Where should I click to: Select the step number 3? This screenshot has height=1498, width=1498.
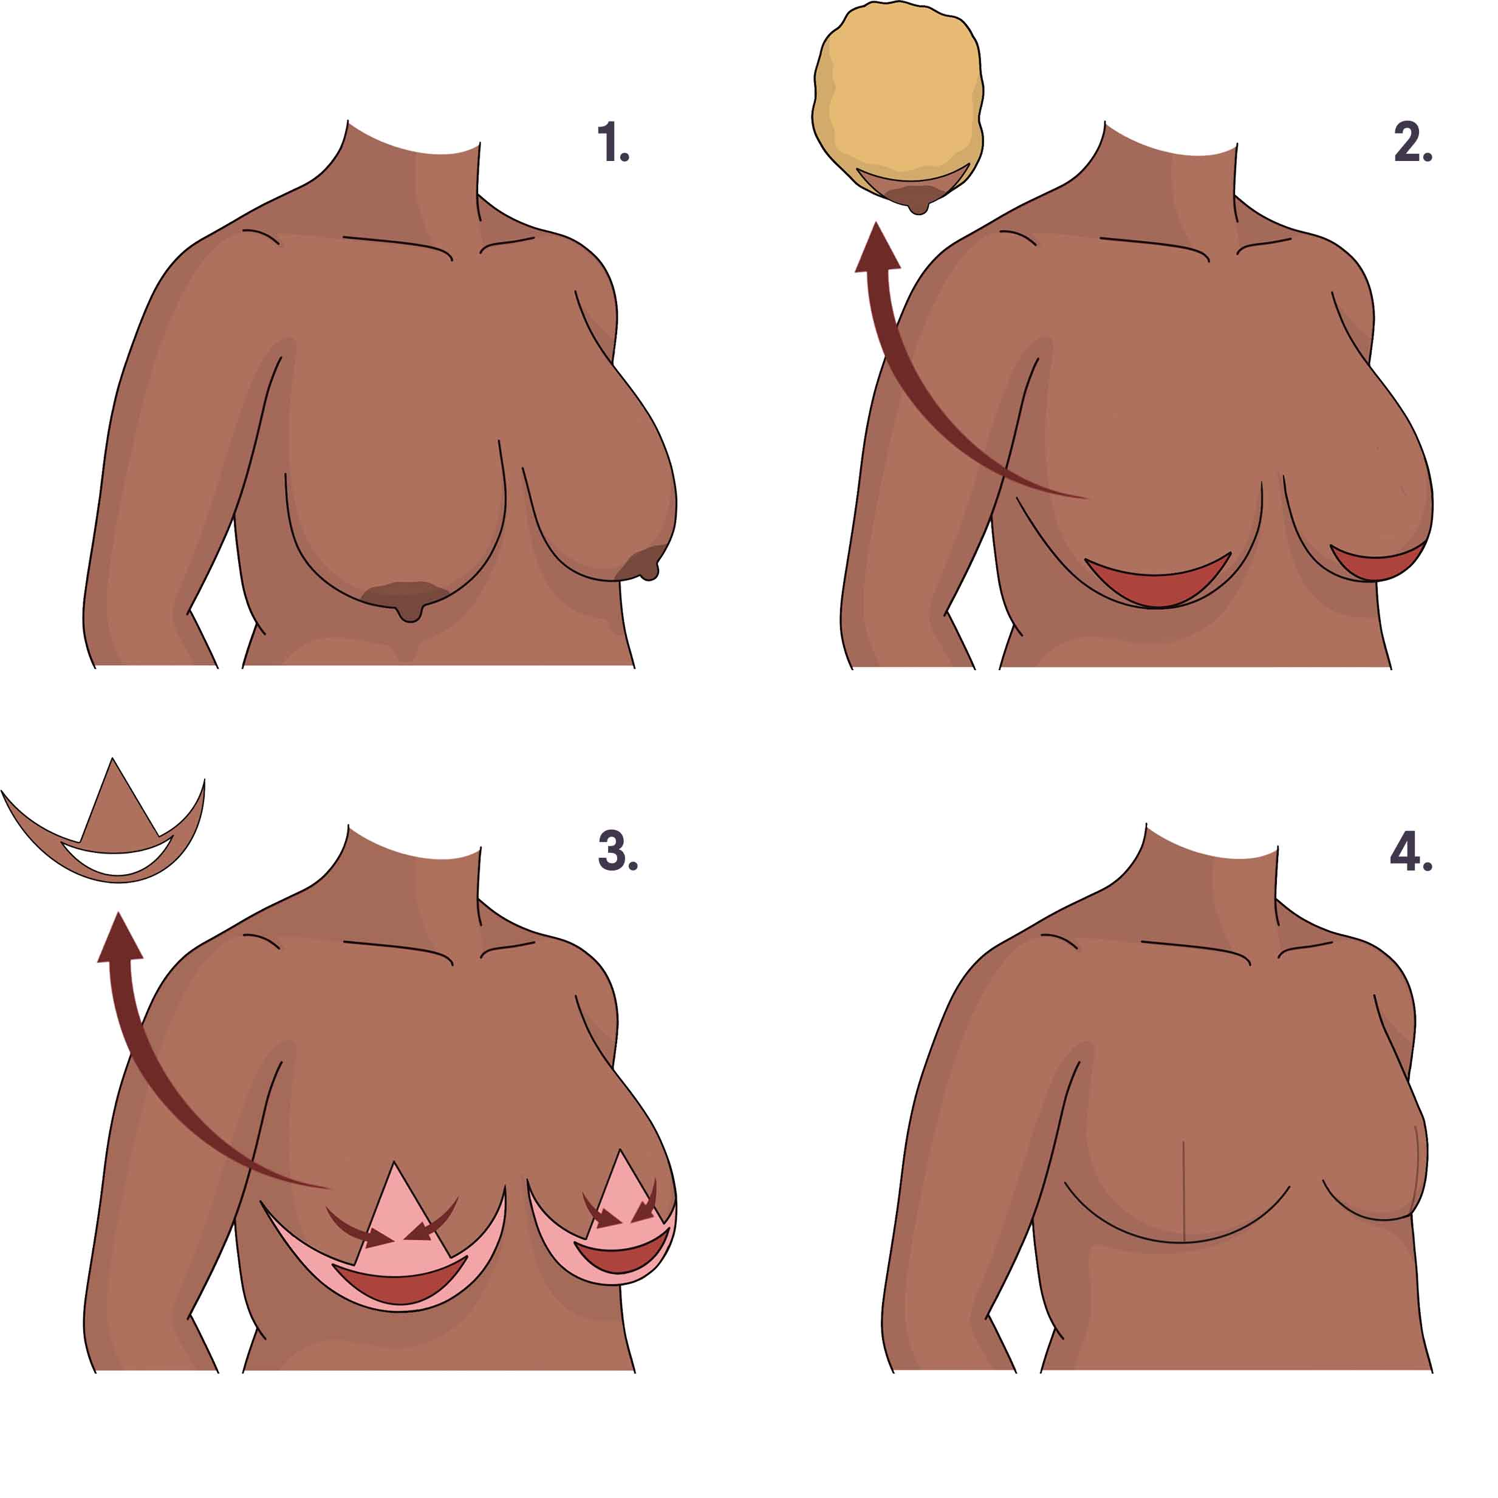click(x=618, y=850)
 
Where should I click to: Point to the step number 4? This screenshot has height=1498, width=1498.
click(x=1411, y=851)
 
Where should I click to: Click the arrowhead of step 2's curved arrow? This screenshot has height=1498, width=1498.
click(x=877, y=246)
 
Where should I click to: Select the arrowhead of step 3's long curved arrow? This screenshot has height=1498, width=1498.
click(x=120, y=937)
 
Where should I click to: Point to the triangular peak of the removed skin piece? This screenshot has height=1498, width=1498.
click(x=113, y=760)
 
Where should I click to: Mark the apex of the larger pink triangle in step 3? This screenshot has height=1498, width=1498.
click(x=394, y=1162)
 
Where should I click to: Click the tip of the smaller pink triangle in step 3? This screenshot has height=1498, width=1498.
click(x=620, y=1150)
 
